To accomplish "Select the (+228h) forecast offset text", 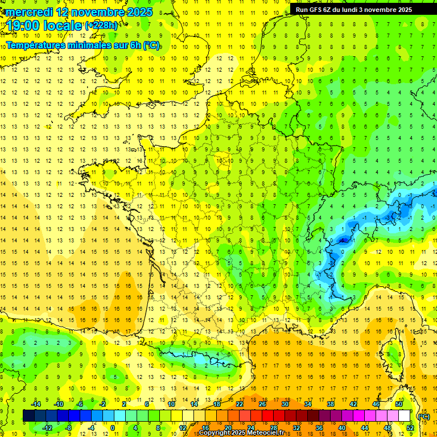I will pos(101,25).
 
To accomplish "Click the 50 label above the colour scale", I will pos(399,404).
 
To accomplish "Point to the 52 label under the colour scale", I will pos(410,428).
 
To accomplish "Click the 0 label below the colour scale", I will pos(113,428).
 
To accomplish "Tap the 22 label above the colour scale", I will pos(240,404).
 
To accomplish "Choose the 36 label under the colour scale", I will pos(319,428).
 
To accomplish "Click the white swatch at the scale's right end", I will pos(405,416).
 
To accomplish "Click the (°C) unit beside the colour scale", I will pos(423,417).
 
